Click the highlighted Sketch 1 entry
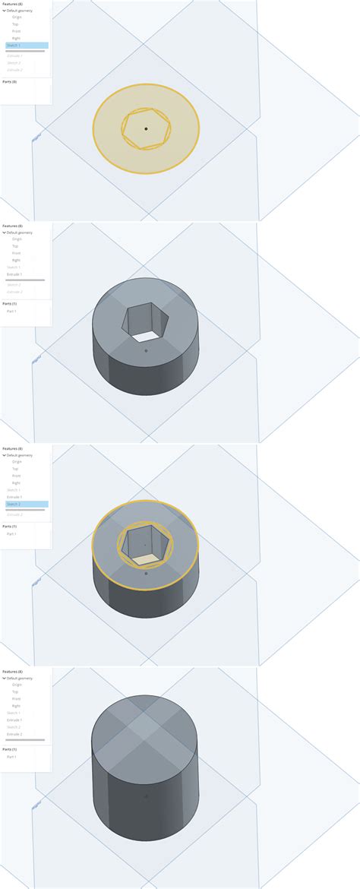click(14, 46)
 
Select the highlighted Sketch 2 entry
click(14, 504)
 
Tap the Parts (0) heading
click(10, 81)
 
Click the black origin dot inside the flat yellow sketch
click(146, 128)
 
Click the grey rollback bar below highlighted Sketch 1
click(25, 51)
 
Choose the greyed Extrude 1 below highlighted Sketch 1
click(14, 56)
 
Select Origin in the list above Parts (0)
click(17, 17)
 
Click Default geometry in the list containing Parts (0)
click(20, 10)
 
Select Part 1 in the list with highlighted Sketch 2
click(11, 533)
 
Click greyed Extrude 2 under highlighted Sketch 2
click(14, 514)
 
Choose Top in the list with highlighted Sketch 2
click(15, 469)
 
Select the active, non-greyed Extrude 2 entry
click(14, 734)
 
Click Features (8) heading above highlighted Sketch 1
click(12, 3)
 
